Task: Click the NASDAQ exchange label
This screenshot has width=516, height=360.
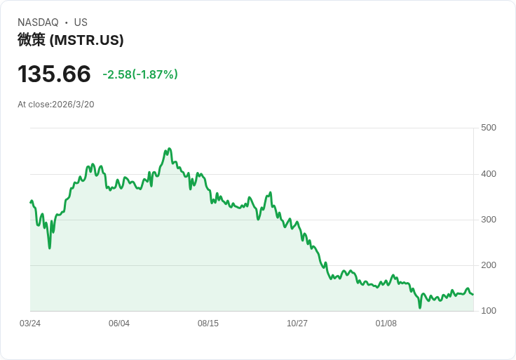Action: coord(38,22)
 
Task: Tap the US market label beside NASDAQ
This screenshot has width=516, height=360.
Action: coord(81,22)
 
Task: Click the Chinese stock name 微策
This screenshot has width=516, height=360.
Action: coord(32,40)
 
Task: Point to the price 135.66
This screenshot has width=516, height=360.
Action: coord(54,74)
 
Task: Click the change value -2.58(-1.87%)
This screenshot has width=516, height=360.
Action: coord(140,74)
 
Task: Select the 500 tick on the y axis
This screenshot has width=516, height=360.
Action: coord(489,127)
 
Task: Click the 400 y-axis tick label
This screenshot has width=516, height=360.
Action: coord(489,173)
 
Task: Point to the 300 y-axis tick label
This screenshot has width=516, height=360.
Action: coord(489,219)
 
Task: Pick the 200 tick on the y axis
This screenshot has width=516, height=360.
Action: coord(489,265)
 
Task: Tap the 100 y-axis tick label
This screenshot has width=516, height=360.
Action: coord(489,311)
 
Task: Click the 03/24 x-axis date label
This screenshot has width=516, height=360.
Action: coord(30,324)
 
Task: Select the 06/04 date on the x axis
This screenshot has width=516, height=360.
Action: coord(119,324)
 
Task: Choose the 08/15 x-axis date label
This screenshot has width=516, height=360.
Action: coord(208,324)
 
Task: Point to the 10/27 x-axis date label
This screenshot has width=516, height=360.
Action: coord(297,324)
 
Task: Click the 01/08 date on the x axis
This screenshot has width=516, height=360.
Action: coord(386,324)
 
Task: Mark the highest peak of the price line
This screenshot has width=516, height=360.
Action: coord(169,149)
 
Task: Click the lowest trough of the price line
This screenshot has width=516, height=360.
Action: coord(420,307)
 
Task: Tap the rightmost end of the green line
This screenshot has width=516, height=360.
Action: coord(473,294)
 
